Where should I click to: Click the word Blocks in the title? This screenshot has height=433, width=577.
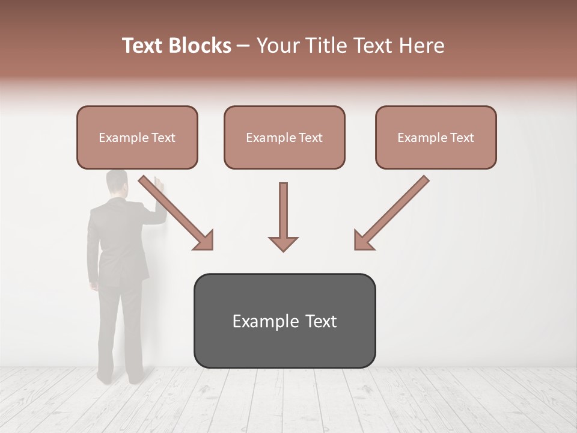point(200,46)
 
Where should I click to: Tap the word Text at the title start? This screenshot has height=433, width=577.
point(144,46)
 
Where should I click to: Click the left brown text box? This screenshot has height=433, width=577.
point(137,137)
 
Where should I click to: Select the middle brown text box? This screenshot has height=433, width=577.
point(284,137)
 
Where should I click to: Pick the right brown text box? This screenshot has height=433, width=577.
point(436,137)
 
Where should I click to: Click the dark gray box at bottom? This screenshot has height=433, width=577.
point(284,321)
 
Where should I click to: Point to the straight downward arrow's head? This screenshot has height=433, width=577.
point(283,244)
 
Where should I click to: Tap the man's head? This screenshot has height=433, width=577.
point(117,183)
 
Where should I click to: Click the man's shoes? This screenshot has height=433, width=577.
point(120,378)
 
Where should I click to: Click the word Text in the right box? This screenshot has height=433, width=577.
point(461,138)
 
